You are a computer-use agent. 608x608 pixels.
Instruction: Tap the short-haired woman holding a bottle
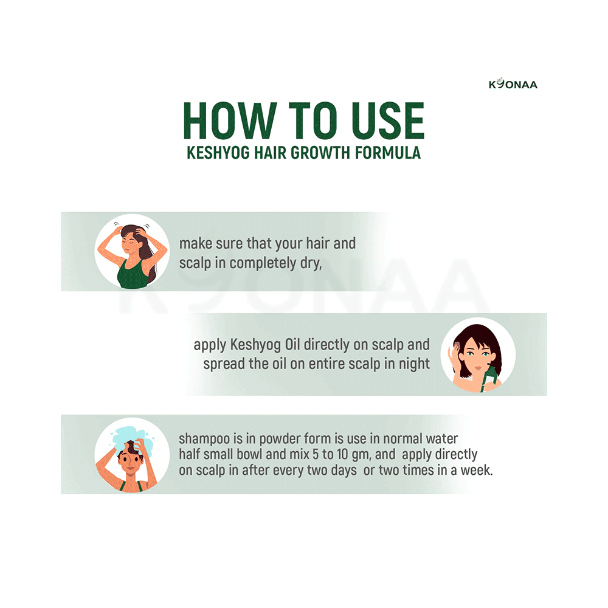pos(477,354)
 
